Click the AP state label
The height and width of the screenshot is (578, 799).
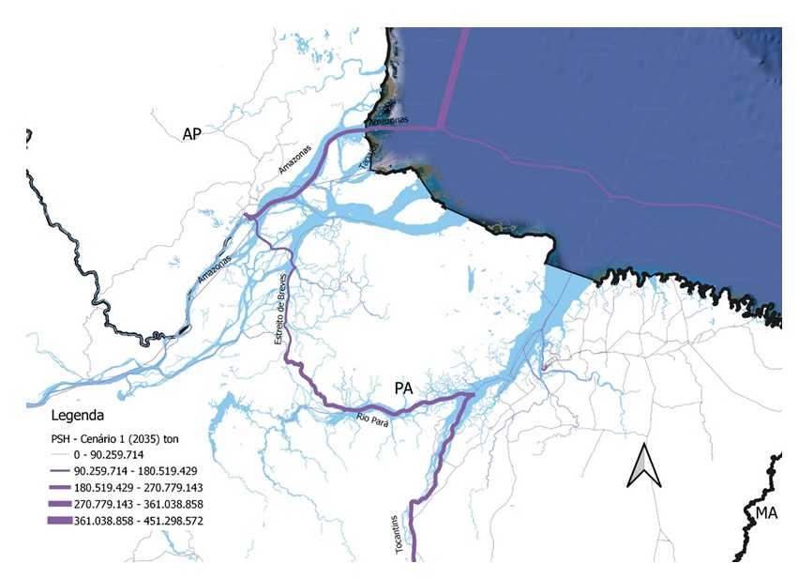tap(192, 134)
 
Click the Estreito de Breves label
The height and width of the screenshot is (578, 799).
tap(280, 310)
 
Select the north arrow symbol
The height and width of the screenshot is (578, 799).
tap(641, 465)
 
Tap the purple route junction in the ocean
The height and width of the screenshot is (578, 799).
tap(439, 129)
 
